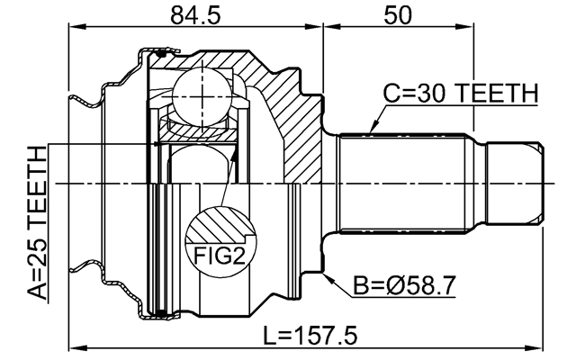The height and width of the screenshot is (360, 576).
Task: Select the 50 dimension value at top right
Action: (x=395, y=14)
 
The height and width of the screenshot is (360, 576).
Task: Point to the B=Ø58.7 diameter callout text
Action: (x=404, y=287)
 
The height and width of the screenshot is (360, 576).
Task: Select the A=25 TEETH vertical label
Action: (x=36, y=225)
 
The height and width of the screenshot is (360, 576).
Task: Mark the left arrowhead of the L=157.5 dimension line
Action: (x=75, y=346)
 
